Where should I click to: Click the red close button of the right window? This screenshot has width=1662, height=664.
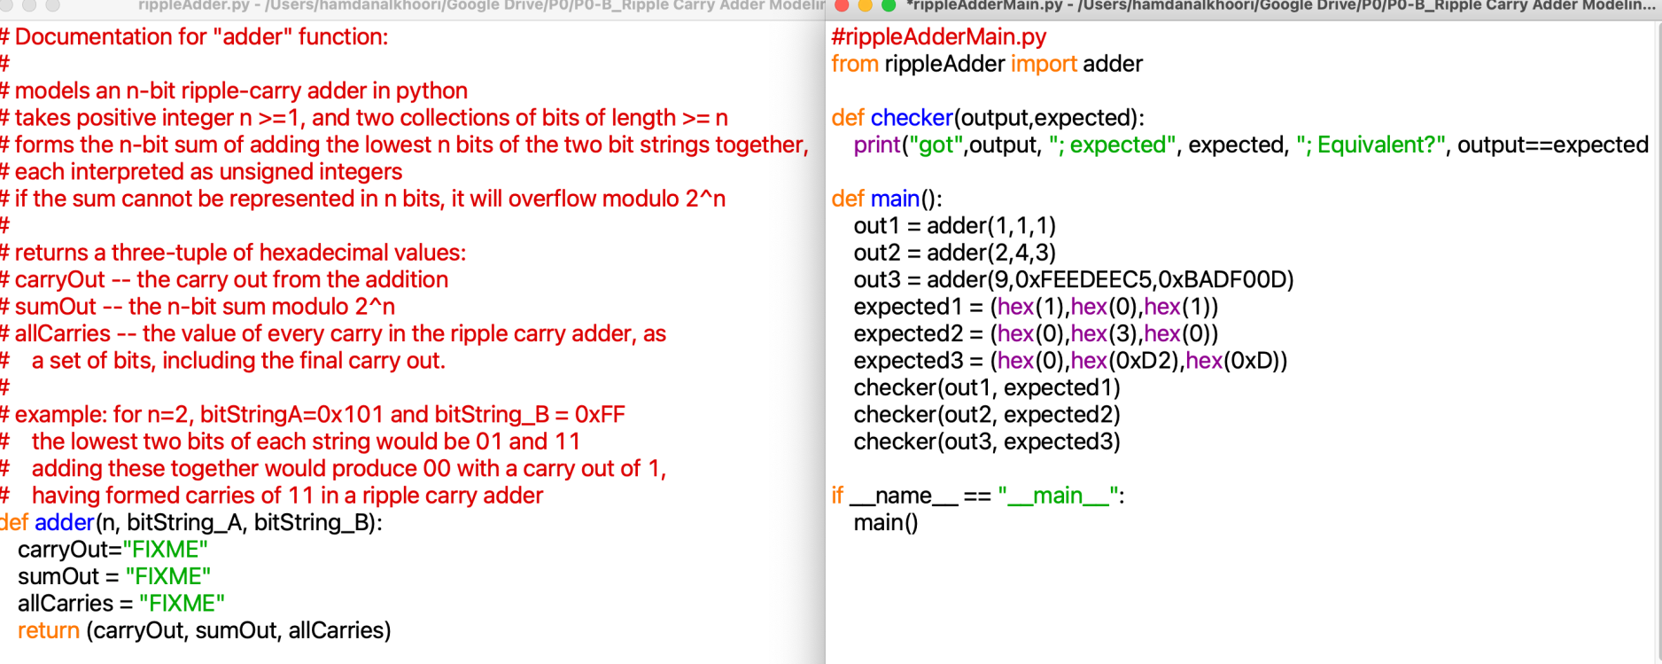843,5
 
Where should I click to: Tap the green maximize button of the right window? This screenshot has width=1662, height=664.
889,5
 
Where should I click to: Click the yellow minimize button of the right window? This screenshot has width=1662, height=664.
866,5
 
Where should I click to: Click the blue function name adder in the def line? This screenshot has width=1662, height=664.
64,523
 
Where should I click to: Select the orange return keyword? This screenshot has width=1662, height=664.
49,631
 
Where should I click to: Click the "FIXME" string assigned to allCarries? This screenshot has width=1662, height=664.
182,604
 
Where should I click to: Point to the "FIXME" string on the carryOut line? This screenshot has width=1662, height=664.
166,550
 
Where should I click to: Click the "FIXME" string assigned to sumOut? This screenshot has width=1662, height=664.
168,577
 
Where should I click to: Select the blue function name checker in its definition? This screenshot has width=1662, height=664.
911,118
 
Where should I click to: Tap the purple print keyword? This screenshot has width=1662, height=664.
877,145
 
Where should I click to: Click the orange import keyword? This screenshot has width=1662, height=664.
1044,64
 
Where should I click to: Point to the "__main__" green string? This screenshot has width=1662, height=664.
1058,496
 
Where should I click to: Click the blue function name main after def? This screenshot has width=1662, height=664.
895,199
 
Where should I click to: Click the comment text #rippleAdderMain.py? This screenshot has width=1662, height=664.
938,37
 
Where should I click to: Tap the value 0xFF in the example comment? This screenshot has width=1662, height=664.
600,415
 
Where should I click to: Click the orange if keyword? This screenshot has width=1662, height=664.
837,496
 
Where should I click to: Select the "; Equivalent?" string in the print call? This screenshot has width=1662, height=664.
1371,145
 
